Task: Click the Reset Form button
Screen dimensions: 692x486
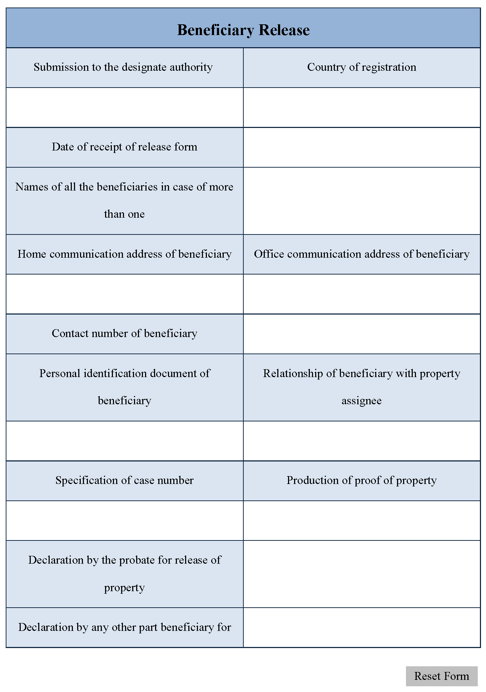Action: (441, 676)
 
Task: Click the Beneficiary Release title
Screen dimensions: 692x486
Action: (243, 30)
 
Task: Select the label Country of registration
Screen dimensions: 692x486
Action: (362, 67)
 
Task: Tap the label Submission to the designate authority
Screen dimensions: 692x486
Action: (123, 67)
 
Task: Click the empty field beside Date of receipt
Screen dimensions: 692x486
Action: (362, 147)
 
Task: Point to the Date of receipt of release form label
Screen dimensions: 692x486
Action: (124, 147)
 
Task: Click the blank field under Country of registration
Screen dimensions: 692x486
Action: (362, 107)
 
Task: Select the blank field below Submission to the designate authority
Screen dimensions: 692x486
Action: (124, 107)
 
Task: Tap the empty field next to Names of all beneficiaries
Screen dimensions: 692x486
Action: (362, 201)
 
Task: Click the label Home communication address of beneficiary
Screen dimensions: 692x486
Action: (124, 254)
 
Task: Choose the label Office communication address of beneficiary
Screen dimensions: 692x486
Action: (362, 254)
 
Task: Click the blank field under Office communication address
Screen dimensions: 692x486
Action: (362, 294)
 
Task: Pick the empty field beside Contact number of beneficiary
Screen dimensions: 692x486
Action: (362, 334)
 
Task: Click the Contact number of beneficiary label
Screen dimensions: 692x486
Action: (124, 333)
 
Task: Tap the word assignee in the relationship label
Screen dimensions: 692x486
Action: (361, 401)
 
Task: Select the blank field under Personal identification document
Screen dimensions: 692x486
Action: (124, 441)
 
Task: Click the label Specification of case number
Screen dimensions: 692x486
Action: (124, 480)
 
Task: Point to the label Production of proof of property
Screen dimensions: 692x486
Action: (362, 480)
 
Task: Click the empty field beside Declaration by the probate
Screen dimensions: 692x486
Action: (362, 574)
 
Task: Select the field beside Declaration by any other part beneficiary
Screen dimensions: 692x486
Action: (362, 627)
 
